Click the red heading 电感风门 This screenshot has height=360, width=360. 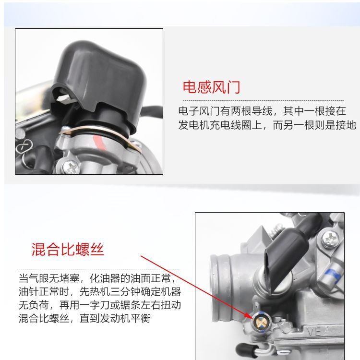tap(211, 87)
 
